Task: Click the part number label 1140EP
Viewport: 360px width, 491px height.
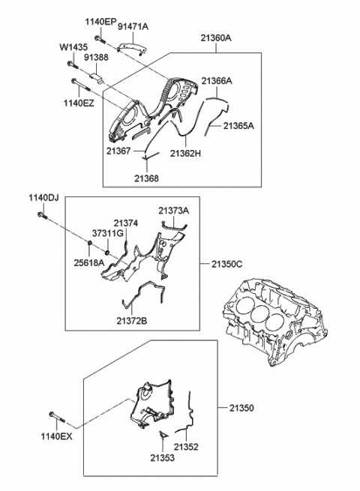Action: click(100, 22)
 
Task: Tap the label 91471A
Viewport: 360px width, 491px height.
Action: click(133, 27)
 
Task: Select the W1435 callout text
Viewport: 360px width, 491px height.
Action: click(74, 47)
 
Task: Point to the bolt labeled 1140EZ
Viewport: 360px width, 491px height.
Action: click(81, 85)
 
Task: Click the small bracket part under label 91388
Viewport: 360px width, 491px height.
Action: click(97, 78)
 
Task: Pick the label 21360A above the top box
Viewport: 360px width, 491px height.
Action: click(216, 38)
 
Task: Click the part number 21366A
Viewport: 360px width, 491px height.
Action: click(217, 81)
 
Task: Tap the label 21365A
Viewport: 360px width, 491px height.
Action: click(238, 126)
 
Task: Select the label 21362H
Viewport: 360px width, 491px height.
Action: click(185, 154)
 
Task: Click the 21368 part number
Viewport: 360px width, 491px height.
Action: click(147, 178)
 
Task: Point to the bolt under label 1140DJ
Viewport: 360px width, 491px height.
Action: click(43, 215)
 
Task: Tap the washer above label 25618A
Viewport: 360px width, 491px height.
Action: click(89, 244)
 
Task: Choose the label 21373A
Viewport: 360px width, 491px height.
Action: click(173, 211)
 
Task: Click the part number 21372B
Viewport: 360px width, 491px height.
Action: click(132, 321)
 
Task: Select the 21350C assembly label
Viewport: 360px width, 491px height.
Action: click(226, 264)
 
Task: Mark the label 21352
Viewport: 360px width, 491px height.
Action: click(187, 447)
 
